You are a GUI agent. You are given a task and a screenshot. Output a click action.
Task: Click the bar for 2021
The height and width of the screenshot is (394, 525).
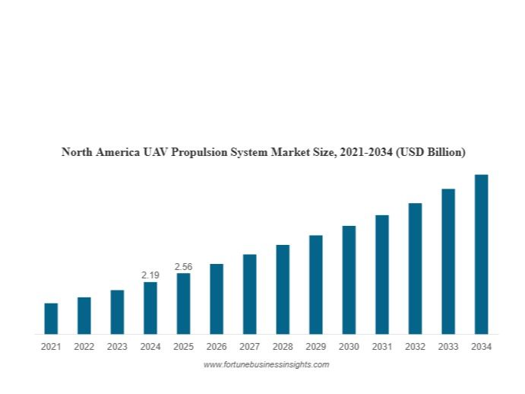coord(51,319)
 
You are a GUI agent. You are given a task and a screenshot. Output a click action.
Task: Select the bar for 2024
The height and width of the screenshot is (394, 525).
coord(150,308)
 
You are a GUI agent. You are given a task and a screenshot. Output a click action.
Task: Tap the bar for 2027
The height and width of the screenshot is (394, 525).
coord(249,294)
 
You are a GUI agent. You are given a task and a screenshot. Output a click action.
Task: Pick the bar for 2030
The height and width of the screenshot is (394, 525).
coord(349,280)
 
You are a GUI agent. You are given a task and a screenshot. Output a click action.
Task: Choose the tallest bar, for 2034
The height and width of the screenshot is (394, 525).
coord(481,254)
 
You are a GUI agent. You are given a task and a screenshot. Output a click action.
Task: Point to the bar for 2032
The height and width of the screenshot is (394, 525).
coord(415,268)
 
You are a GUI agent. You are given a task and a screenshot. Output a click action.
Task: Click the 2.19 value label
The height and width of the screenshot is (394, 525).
coord(150,275)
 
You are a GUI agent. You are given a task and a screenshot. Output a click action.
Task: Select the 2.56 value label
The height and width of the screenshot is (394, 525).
coord(184,266)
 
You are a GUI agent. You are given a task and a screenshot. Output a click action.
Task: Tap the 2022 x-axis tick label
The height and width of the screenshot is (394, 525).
coord(84,347)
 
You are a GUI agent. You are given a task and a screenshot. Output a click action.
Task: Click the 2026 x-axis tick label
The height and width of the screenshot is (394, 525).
coord(217,347)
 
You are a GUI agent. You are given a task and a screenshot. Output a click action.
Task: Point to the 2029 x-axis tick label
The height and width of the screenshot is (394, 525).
coord(315,347)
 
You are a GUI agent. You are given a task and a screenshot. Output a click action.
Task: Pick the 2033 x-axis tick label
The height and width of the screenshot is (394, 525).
coord(448,347)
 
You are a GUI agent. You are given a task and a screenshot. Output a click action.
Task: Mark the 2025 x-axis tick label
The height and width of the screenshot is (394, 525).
coord(184,347)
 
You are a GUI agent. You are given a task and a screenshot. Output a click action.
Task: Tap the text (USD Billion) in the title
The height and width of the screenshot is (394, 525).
coord(429,152)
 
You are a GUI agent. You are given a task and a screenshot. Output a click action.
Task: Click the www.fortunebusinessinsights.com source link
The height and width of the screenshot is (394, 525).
coord(266,365)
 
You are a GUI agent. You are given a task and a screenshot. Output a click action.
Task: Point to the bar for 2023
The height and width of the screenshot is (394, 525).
coord(117,312)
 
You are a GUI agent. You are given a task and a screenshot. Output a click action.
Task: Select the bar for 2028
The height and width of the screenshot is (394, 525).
coord(283,289)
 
